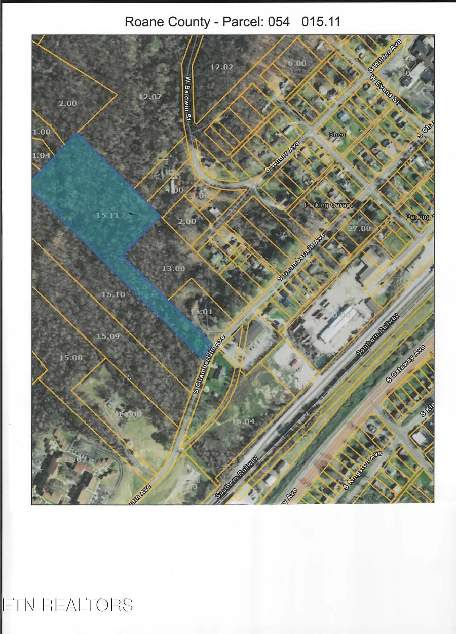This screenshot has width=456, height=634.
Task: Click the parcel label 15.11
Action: pos(107,215)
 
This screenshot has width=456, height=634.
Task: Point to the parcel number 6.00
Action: pos(297,63)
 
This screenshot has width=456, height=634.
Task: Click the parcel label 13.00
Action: pos(173,268)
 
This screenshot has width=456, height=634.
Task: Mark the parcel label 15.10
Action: pos(113,294)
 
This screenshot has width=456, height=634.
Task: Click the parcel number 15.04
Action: pos(243,421)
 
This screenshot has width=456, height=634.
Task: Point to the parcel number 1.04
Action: pos(42,155)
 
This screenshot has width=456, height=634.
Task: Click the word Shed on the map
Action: pos(337,134)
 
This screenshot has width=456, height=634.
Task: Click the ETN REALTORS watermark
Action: pos(67,605)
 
